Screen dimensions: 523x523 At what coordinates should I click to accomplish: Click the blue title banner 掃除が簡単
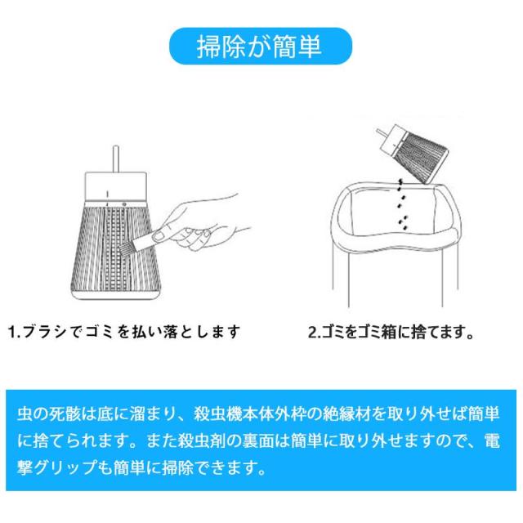[x=261, y=46]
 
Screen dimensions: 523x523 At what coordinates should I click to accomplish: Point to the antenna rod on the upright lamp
[x=116, y=159]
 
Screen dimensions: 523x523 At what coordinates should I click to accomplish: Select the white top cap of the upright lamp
[x=116, y=186]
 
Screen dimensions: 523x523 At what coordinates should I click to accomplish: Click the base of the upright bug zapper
[x=117, y=294]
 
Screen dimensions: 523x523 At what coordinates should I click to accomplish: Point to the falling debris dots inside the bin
[x=403, y=204]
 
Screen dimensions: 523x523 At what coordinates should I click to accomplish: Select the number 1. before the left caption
[x=15, y=332]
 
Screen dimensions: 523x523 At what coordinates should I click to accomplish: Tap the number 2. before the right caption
[x=314, y=332]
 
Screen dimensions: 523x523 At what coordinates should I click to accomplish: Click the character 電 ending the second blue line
[x=492, y=441]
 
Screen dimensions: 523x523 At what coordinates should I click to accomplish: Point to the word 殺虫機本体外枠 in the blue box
[x=249, y=414]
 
